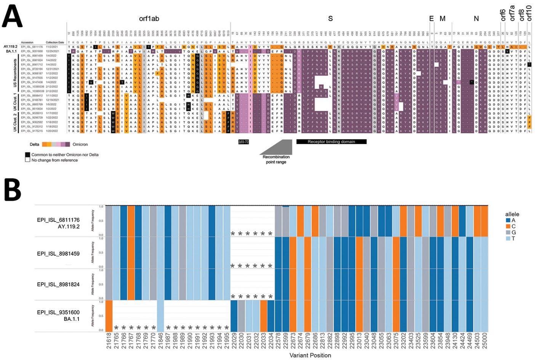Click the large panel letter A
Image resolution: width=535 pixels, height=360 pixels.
tap(12, 16)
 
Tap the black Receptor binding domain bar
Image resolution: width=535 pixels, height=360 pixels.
tap(331, 142)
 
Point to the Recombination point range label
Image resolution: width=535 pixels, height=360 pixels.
tap(276, 159)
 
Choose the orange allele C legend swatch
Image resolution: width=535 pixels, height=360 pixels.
tap(508, 226)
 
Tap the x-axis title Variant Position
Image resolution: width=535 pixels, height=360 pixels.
tap(310, 355)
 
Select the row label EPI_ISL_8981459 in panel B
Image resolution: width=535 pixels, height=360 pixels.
tap(58, 253)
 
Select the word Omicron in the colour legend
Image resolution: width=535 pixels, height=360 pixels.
tap(80, 144)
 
